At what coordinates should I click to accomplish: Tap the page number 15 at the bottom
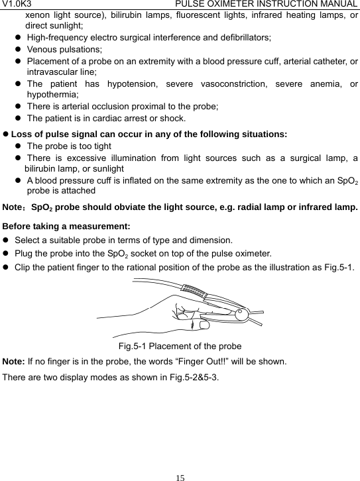[180, 475]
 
